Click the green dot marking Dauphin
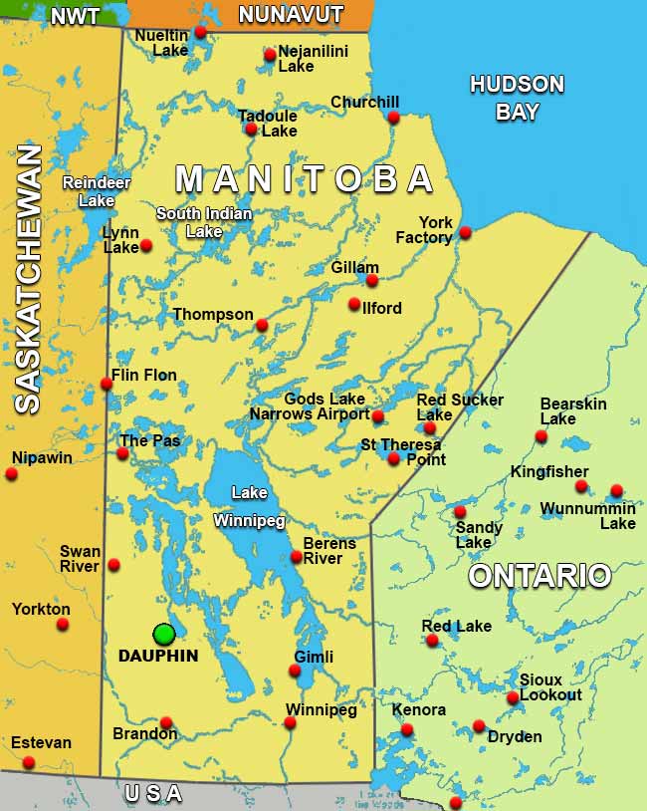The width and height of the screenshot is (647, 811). [x=164, y=634]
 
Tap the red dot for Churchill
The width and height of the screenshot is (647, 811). [x=393, y=118]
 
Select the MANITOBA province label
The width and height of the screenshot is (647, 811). [x=305, y=179]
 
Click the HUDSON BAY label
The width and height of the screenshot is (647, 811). [x=517, y=98]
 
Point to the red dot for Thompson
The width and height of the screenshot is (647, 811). [x=262, y=325]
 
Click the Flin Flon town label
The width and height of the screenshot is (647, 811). [x=144, y=376]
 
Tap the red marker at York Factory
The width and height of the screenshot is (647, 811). [x=465, y=233]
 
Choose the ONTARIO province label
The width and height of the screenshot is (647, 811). [x=539, y=576]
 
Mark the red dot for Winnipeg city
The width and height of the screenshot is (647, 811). [x=290, y=722]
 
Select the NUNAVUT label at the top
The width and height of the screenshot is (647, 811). [x=291, y=15]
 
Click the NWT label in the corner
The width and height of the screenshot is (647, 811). [x=75, y=16]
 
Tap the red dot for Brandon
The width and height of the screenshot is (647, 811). [x=166, y=723]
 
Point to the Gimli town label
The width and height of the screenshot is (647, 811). [x=314, y=657]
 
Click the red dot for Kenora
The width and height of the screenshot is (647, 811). [x=406, y=730]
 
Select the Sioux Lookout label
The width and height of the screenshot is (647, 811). [x=550, y=687]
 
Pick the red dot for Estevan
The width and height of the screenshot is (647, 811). [x=29, y=762]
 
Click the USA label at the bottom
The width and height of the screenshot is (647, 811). [x=153, y=794]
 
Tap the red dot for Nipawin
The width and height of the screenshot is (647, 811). [x=11, y=474]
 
